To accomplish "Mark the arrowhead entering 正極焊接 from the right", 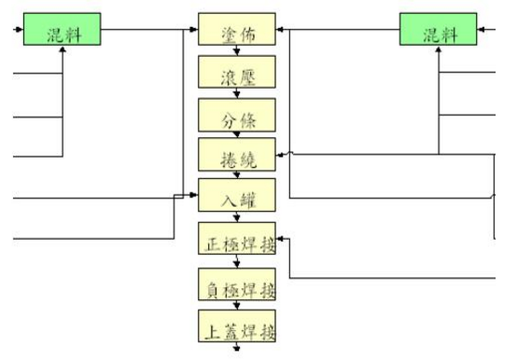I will click(x=284, y=239).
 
